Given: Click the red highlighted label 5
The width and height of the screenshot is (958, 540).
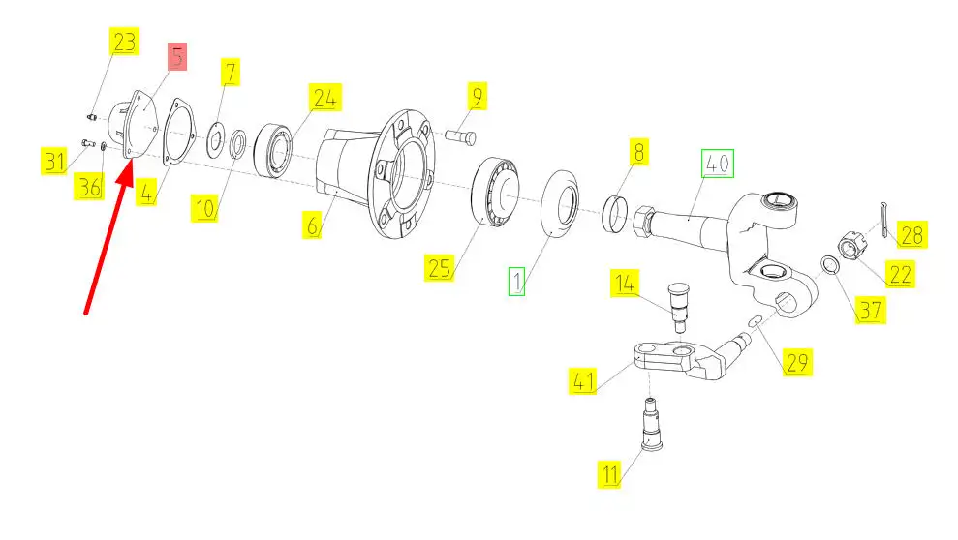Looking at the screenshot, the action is coord(177,57).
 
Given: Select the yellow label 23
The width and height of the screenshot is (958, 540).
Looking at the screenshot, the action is coord(125,42).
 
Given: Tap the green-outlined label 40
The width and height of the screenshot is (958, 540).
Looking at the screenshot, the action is coord(717,164).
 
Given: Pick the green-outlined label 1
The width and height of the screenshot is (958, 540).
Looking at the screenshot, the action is coord(517,282).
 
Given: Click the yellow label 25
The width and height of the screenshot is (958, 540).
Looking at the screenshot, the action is coord(440,268).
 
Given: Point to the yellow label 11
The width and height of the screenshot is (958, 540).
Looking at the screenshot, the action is coord(610,474).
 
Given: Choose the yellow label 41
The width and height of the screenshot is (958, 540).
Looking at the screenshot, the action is coord(583,380).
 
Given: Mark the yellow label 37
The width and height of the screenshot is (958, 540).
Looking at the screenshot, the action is coord(870,310).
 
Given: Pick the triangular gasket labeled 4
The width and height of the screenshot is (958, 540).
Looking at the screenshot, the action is coord(178,132).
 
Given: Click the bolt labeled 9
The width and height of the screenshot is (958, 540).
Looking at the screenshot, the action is coord(461,136).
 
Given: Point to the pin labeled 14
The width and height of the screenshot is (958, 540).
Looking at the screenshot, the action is coord(678,307).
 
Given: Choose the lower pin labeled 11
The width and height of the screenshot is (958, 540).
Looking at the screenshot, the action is coord(652,424).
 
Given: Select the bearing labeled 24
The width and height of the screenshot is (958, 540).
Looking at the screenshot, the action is coord(272,151).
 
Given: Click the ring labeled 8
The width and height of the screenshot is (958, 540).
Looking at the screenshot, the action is coord(615,214).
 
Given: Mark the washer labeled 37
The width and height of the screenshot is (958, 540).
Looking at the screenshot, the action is coord(829,265).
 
